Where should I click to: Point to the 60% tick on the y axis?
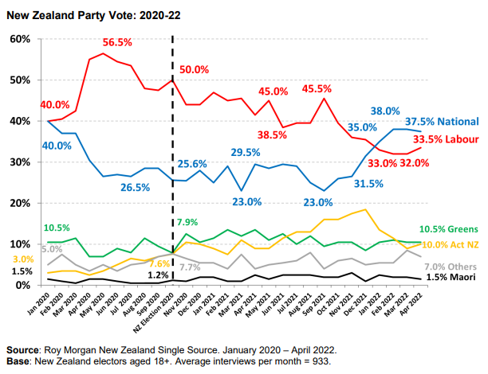point(19,39)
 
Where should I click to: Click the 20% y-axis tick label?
point(19,203)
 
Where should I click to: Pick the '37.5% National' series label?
point(441,122)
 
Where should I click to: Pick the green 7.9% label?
point(188,221)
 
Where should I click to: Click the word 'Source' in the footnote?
point(26,349)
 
